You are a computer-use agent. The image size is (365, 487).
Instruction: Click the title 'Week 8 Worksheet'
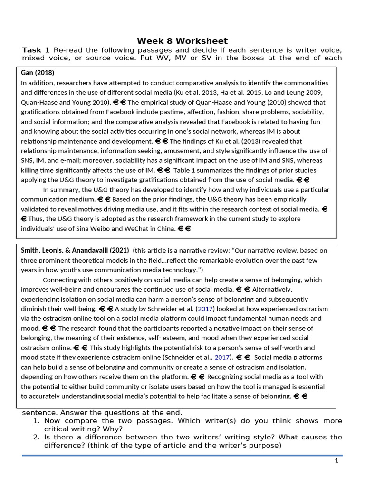point(182,41)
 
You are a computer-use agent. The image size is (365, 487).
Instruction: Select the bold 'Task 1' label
point(36,50)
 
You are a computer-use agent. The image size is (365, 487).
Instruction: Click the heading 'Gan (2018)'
point(38,73)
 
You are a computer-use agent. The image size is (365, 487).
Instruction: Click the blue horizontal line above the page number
point(182,455)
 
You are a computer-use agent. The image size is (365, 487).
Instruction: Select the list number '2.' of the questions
point(37,437)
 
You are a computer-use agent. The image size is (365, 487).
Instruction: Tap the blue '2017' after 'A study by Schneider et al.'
point(206,309)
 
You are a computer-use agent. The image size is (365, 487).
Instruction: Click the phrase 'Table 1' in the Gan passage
point(185,170)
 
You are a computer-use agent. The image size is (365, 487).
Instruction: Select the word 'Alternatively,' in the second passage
point(272,289)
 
